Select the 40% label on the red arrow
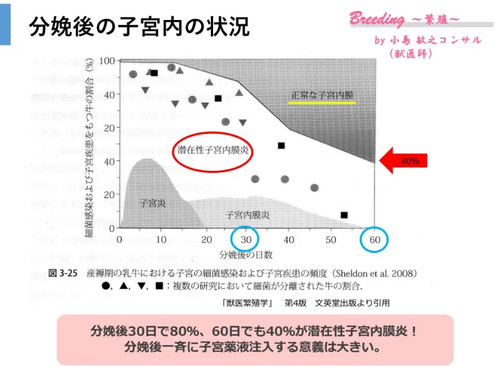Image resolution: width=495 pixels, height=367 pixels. (409, 161)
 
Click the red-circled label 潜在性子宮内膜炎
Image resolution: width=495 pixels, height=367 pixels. (212, 151)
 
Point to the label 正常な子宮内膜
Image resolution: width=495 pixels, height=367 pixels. (323, 95)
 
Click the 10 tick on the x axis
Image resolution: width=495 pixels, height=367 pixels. (162, 240)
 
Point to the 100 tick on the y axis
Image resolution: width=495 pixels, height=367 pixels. (107, 61)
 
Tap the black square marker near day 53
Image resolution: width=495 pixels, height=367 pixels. (344, 215)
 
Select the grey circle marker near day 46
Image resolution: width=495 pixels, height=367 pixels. (315, 188)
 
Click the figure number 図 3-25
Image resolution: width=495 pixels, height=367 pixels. (63, 274)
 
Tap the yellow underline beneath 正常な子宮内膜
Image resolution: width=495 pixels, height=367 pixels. (323, 103)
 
